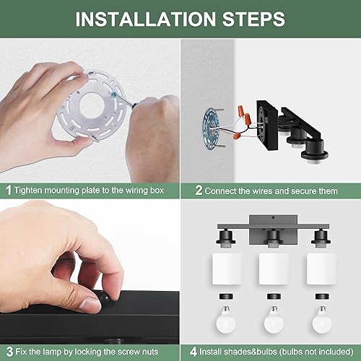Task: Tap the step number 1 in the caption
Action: (x=8, y=191)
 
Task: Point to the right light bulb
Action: (x=322, y=315)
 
